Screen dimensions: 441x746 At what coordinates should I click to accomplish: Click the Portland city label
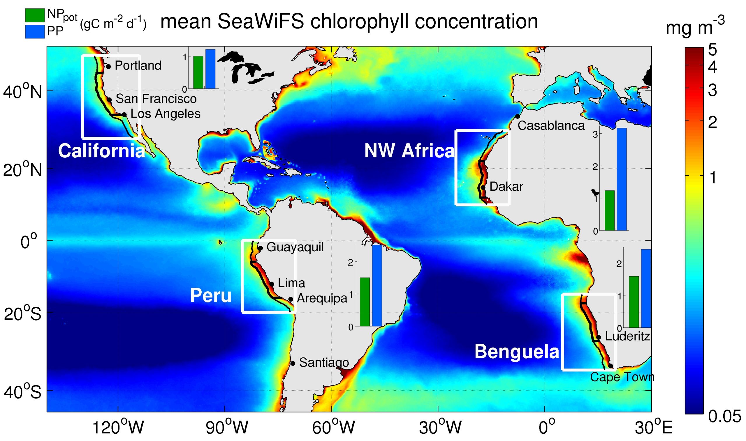pos(138,66)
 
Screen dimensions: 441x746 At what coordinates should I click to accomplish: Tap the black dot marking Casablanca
pos(518,116)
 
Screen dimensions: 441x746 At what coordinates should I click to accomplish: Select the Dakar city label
pos(506,187)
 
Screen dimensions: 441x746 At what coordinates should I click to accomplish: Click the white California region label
pos(102,151)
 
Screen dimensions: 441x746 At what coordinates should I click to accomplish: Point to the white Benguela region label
pos(517,352)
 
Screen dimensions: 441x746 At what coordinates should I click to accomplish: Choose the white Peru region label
pos(211,296)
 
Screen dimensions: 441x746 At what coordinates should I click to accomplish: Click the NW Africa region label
pos(409,151)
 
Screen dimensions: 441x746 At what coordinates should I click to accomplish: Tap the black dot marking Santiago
pos(293,363)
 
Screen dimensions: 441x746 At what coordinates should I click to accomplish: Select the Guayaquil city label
pos(295,247)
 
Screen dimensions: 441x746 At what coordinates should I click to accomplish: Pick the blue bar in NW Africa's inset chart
pos(622,179)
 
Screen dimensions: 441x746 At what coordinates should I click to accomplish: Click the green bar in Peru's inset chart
pos(365,302)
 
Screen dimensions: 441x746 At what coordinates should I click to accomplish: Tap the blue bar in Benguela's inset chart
pos(646,288)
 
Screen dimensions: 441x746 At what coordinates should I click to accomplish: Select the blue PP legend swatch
pos(35,31)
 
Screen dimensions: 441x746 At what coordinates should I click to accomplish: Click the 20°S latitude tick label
pos(23,314)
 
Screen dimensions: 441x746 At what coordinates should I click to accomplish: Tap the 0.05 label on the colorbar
pos(724,417)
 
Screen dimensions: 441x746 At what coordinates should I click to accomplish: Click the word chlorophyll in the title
pos(359,22)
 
